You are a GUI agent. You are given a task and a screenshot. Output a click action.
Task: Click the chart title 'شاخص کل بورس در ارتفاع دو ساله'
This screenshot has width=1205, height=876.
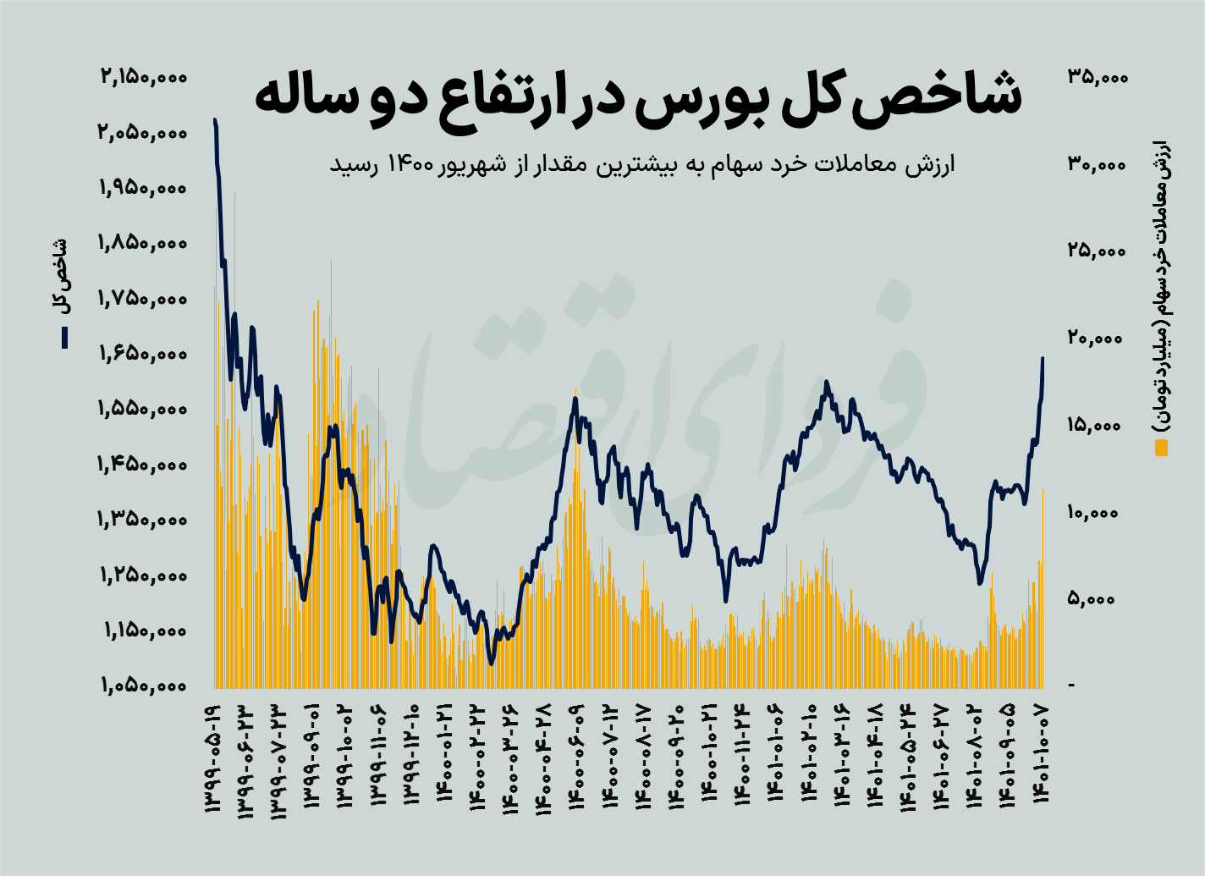pos(638,96)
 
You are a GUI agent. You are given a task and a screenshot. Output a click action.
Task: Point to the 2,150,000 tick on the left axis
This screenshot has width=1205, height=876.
pos(142,77)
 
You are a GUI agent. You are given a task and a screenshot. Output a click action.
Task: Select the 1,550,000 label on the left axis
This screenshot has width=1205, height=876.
pos(142,409)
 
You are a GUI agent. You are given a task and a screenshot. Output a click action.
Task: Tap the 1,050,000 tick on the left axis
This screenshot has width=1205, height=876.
pos(142,686)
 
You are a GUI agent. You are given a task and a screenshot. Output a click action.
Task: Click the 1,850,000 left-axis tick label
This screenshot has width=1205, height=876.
pos(142,243)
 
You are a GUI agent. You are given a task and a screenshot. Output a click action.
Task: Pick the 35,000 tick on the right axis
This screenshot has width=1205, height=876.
pos(1098,77)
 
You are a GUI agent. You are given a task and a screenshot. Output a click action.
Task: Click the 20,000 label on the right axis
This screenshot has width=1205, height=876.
pos(1098,339)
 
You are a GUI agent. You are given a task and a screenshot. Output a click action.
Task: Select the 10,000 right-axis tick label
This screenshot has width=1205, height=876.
pos(1098,513)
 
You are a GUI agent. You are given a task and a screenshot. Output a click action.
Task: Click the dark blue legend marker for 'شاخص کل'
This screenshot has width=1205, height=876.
pos(63,338)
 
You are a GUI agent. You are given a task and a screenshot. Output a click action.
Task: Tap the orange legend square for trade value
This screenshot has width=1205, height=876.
pos(1161,447)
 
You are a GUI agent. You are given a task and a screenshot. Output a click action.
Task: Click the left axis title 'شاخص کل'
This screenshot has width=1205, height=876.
pos(61,277)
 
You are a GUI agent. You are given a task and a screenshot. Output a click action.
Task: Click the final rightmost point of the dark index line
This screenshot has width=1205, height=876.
pos(1043,358)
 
